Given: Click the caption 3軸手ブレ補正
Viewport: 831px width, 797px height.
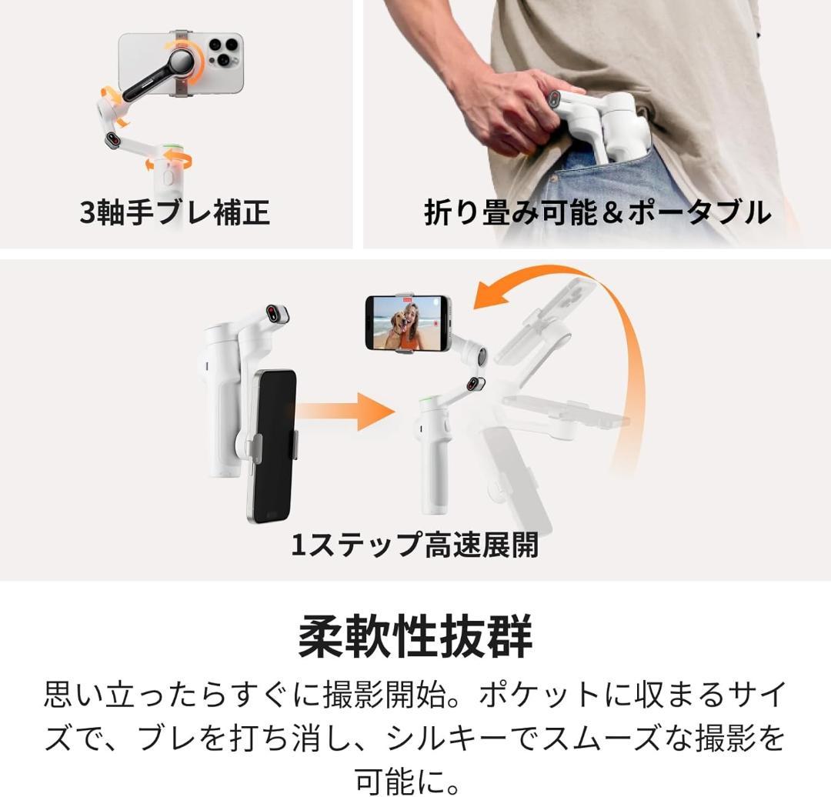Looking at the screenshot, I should (x=175, y=212).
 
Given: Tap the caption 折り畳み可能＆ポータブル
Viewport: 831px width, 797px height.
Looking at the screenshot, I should (x=597, y=212).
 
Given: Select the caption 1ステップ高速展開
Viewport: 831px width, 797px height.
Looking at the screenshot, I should (x=414, y=545).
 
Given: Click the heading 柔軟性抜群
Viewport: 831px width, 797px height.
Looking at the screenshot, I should (x=415, y=636).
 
